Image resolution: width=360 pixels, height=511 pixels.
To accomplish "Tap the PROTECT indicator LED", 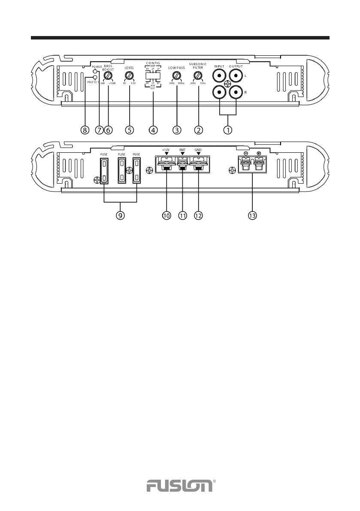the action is coord(95,78).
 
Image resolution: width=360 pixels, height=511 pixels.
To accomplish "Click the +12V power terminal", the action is coord(166,165).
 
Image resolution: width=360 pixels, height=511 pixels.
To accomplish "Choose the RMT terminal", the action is coord(183,165).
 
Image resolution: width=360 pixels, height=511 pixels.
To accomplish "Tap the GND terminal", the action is coord(198,165).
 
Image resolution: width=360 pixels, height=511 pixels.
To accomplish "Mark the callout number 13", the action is coord(252,216).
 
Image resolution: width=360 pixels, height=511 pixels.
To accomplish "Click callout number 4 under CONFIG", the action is coord(153,129).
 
